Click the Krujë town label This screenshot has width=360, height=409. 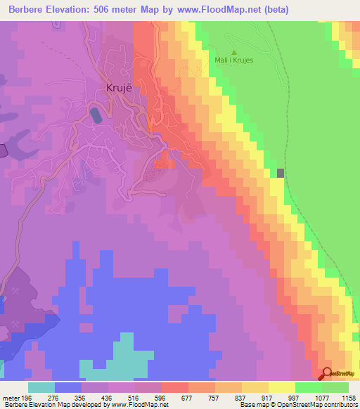pyautogui.click(x=118, y=89)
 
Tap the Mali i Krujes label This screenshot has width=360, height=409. pyautogui.click(x=233, y=60)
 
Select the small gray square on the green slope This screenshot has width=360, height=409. pyautogui.click(x=281, y=173)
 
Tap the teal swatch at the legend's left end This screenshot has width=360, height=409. pyautogui.click(x=41, y=387)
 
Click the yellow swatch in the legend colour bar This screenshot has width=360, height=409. pyautogui.click(x=281, y=387)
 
